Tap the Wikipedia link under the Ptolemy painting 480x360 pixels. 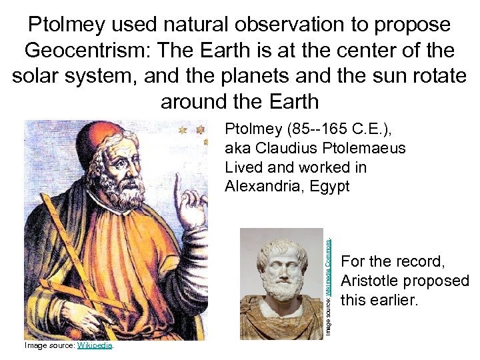[95, 345]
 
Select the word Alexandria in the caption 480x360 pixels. [263, 187]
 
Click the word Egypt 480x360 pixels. [330, 187]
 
